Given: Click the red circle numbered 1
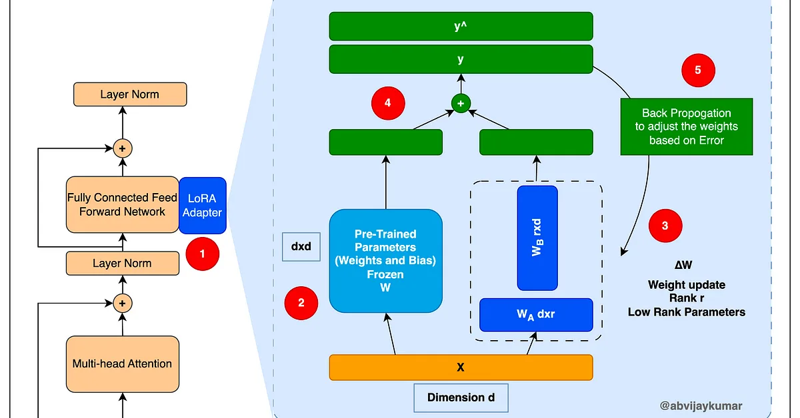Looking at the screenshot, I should click(203, 254).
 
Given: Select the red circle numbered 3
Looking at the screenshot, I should click(665, 226).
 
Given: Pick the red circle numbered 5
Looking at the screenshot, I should click(698, 70).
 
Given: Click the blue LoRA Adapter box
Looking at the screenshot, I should click(203, 205).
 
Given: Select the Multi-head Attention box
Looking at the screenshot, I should click(122, 363).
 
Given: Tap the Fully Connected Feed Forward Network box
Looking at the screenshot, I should click(122, 205).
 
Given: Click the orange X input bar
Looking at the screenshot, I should click(461, 367).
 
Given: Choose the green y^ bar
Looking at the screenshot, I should click(461, 26).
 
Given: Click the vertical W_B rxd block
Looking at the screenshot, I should click(537, 238).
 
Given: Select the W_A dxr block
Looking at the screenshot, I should click(536, 314).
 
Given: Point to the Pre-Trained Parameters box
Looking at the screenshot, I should click(385, 261).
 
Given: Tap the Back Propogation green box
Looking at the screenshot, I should click(686, 127).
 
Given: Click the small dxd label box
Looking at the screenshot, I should click(301, 246).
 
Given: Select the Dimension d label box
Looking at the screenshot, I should click(461, 397).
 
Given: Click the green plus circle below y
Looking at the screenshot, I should click(461, 103).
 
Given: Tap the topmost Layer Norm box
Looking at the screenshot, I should click(129, 94).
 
